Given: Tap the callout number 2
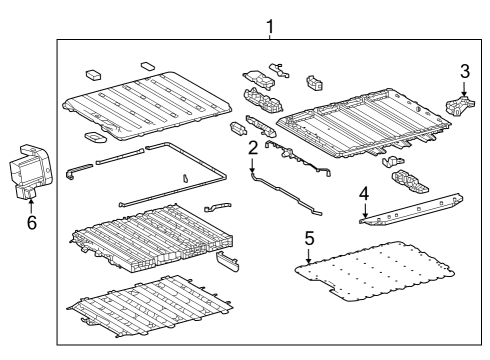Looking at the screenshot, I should click(x=253, y=148).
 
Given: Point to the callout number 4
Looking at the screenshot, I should click(x=365, y=194).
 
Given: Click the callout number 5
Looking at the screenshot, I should click(x=309, y=240).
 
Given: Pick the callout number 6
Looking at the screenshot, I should click(x=32, y=222).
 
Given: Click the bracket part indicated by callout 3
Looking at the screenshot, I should click(x=459, y=106).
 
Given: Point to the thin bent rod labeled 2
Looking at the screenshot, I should click(x=285, y=195).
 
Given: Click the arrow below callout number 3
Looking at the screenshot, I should click(x=463, y=88).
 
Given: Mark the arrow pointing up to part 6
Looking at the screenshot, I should click(x=32, y=204).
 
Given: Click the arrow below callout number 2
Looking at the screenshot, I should click(x=253, y=165).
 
